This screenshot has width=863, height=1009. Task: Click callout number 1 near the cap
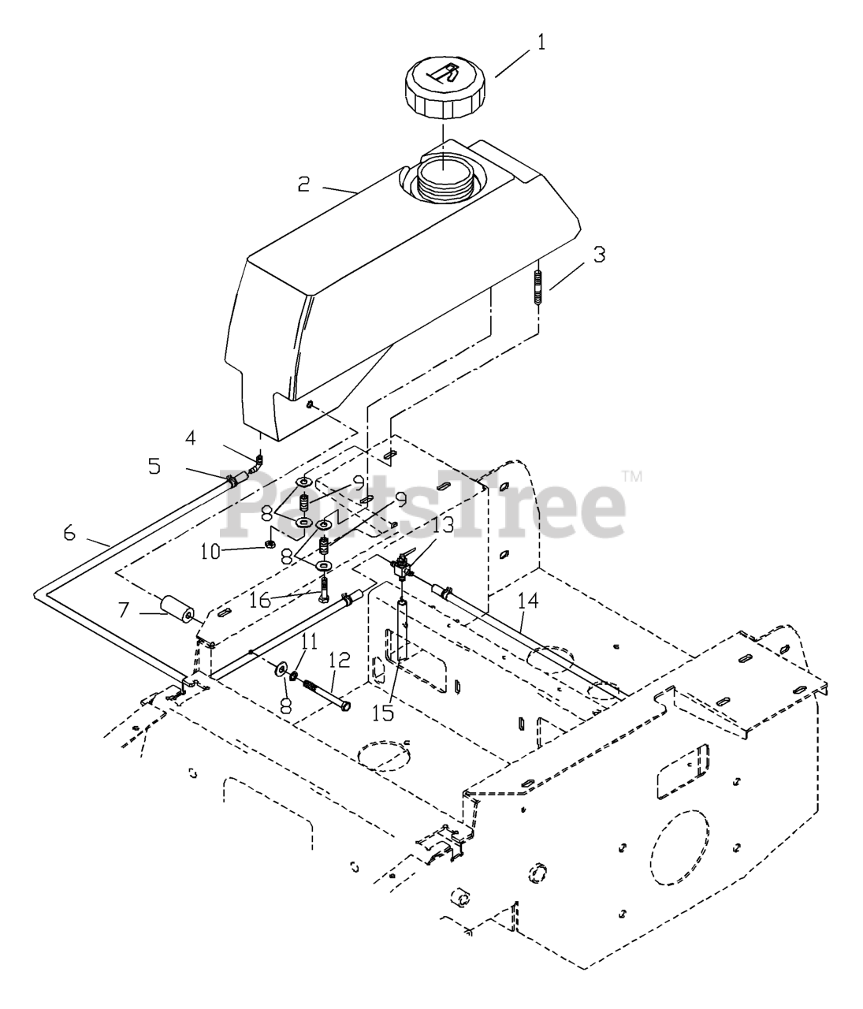coord(541,42)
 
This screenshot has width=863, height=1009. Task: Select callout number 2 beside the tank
coord(304,184)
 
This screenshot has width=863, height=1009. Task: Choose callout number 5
coord(154,466)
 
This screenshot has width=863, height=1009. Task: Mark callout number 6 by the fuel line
coord(69,534)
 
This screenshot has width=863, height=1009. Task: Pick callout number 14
coord(529,603)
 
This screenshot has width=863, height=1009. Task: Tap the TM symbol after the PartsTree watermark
coord(632,476)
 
